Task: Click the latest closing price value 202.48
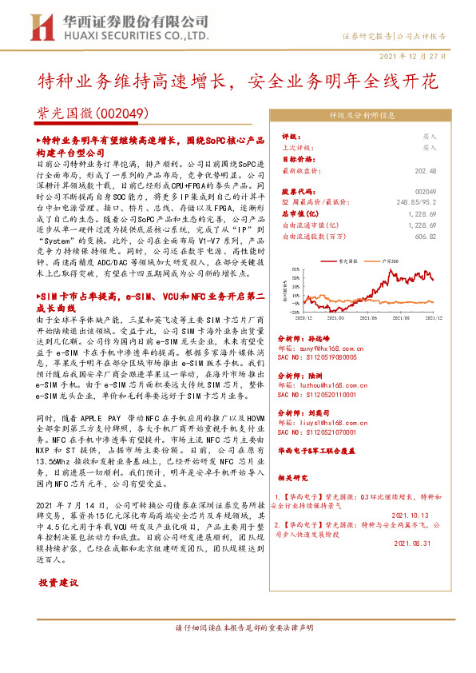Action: point(424,170)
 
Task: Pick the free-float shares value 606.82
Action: point(425,237)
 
